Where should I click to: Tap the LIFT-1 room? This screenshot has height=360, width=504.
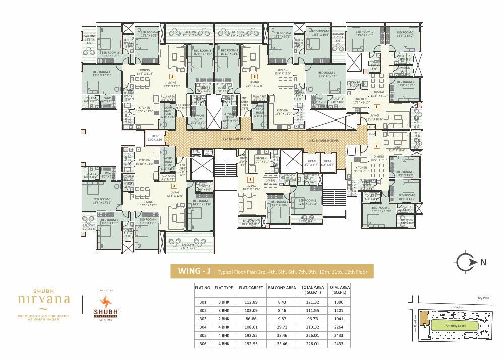click(311, 163)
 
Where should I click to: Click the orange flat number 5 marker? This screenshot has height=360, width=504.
click(172, 77)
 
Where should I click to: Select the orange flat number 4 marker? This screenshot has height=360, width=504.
click(174, 186)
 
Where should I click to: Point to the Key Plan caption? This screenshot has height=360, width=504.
click(483, 298)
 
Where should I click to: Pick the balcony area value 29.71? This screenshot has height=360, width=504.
click(278, 328)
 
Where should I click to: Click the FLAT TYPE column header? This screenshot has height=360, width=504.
click(224, 289)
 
